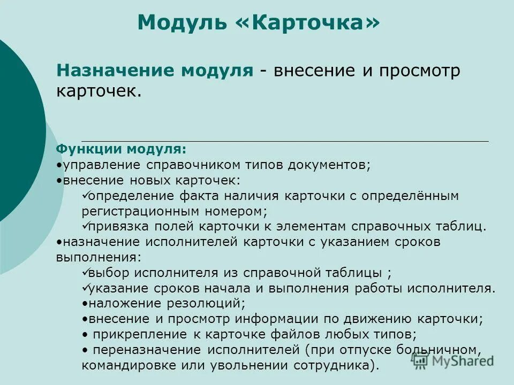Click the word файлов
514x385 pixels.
pyautogui.click(x=307, y=335)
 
